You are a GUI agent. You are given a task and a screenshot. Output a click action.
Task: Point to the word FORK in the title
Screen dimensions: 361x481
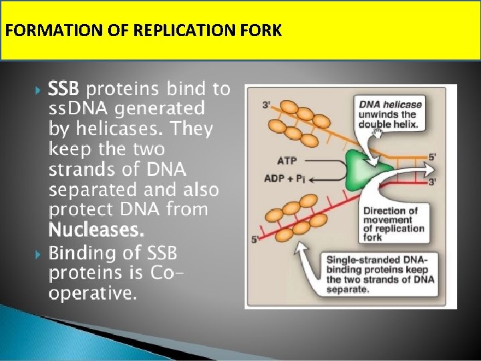pyautogui.click(x=263, y=31)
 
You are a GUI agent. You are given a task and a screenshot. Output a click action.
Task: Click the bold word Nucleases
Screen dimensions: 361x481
pyautogui.click(x=96, y=231)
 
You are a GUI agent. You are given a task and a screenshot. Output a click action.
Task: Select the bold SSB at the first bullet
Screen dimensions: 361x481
pyautogui.click(x=65, y=88)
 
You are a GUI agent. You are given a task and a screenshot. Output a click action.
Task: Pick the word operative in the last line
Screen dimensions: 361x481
pyautogui.click(x=93, y=293)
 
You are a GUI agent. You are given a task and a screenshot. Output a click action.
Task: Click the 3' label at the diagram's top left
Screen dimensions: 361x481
pyautogui.click(x=267, y=105)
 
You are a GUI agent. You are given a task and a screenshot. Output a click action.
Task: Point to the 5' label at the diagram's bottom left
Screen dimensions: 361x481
pyautogui.click(x=255, y=239)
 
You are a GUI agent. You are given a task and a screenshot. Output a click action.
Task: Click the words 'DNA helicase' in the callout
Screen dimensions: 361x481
pyautogui.click(x=391, y=104)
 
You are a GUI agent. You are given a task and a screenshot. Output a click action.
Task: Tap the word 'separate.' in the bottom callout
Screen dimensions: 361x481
pyautogui.click(x=348, y=289)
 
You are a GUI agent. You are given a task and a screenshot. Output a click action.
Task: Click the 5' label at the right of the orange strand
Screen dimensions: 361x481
pyautogui.click(x=432, y=156)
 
